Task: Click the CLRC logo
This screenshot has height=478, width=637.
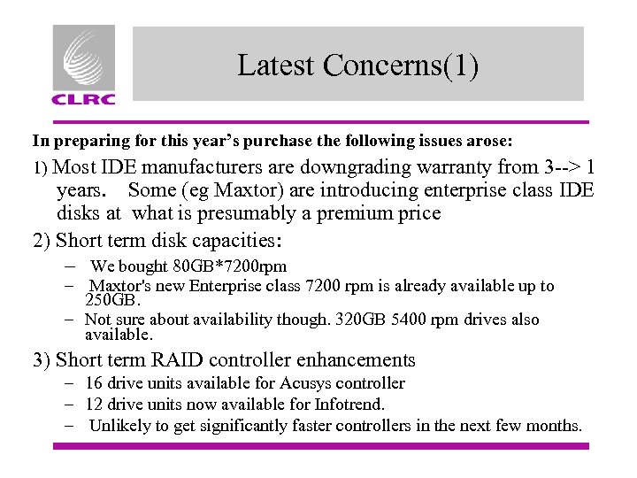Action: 83,65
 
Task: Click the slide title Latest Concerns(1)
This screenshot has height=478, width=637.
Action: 357,66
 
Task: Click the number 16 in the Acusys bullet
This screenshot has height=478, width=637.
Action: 94,383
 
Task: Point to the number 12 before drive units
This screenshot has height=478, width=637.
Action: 94,405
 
